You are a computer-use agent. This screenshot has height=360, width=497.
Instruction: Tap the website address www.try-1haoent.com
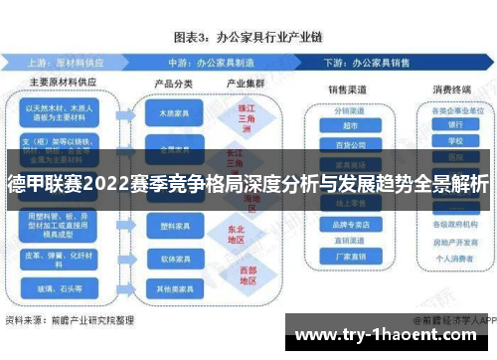coord(392,333)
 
